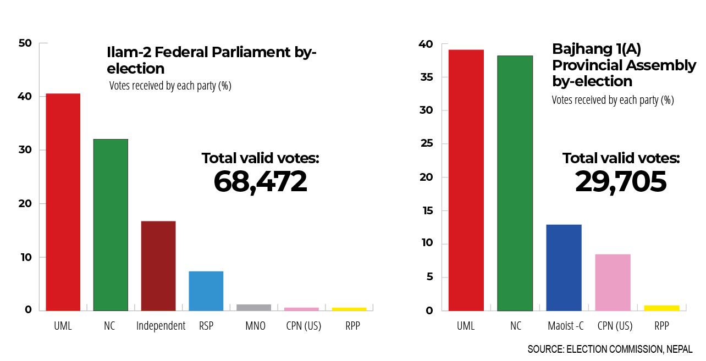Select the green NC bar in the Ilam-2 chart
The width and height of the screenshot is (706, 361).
111,225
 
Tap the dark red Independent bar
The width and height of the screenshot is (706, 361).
158,266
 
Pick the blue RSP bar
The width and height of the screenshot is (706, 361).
206,291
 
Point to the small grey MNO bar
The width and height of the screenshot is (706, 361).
253,307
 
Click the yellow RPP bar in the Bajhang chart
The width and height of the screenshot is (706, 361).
661,308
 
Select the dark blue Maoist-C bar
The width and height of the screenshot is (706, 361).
564,267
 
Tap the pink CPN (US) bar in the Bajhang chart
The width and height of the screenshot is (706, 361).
613,282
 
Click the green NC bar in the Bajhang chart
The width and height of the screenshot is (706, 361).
515,183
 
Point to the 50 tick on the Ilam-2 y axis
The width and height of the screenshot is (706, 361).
25,43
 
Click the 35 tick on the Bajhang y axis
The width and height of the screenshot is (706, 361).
426,77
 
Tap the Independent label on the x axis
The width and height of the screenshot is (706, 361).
161,326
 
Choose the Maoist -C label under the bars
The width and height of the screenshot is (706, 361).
566,326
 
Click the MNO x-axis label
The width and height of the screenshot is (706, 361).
255,326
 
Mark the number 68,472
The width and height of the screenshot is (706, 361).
260,182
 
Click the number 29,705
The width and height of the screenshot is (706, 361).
621,182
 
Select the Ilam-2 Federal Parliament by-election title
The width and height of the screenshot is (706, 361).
212,60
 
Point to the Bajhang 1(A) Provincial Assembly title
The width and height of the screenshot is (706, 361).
624,65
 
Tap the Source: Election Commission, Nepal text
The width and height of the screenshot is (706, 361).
610,349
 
